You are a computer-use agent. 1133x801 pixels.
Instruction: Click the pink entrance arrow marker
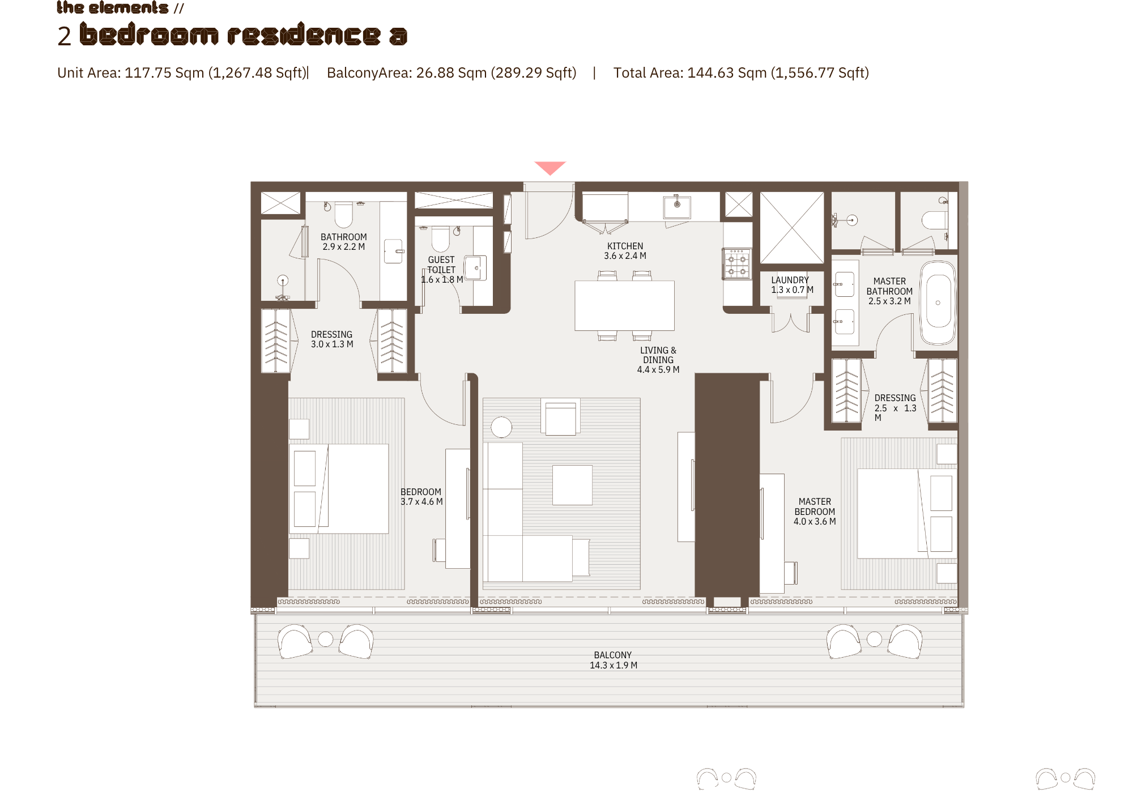coord(550,168)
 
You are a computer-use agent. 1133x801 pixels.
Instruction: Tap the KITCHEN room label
coord(625,246)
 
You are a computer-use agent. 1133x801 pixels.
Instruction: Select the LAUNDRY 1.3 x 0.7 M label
coord(792,285)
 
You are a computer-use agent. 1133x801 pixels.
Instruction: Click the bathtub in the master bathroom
coord(938,303)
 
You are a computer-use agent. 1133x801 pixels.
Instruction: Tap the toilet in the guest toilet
coord(440,238)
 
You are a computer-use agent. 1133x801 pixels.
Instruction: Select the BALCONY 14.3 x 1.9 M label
coord(613,660)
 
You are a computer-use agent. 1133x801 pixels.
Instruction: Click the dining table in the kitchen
coord(624,305)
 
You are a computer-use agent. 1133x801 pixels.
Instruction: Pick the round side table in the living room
coord(501,427)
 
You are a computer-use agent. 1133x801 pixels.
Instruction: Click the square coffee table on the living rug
coord(572,485)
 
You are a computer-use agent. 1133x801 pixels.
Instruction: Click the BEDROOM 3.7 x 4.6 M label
coord(421,497)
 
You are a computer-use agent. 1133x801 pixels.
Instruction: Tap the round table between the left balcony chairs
coord(326,639)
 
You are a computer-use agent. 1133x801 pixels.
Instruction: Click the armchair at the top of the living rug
coord(560,417)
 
